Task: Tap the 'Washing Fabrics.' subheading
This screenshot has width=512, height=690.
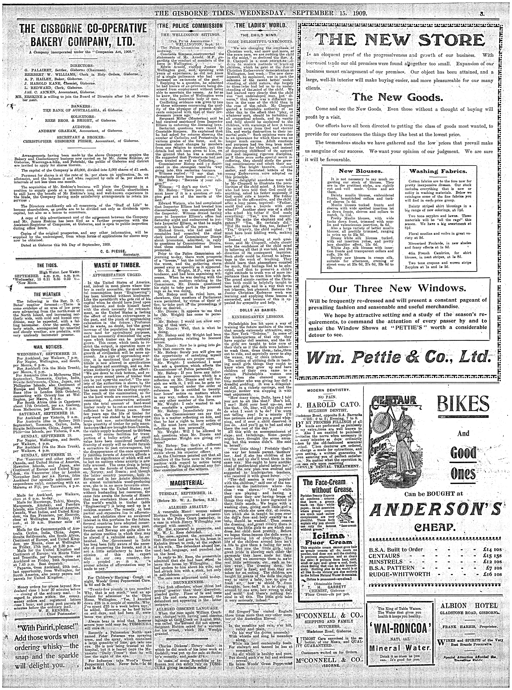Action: point(438,171)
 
